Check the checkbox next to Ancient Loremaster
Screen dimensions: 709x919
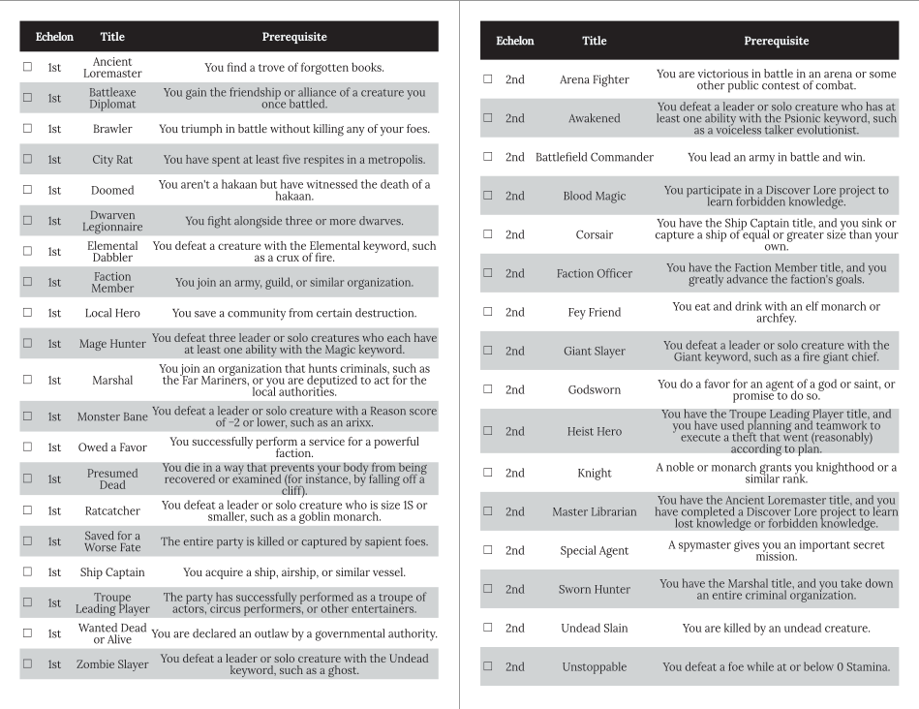pyautogui.click(x=27, y=68)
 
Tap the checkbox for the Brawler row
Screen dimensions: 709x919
pyautogui.click(x=27, y=129)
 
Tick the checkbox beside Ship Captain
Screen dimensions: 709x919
pyautogui.click(x=27, y=572)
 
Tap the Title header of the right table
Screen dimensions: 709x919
pyautogui.click(x=595, y=41)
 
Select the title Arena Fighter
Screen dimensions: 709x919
pyautogui.click(x=595, y=79)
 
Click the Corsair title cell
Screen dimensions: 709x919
pyautogui.click(x=595, y=234)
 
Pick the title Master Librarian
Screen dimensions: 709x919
pyautogui.click(x=595, y=511)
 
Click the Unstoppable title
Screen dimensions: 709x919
pyautogui.click(x=595, y=666)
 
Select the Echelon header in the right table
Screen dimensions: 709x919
pyautogui.click(x=514, y=41)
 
